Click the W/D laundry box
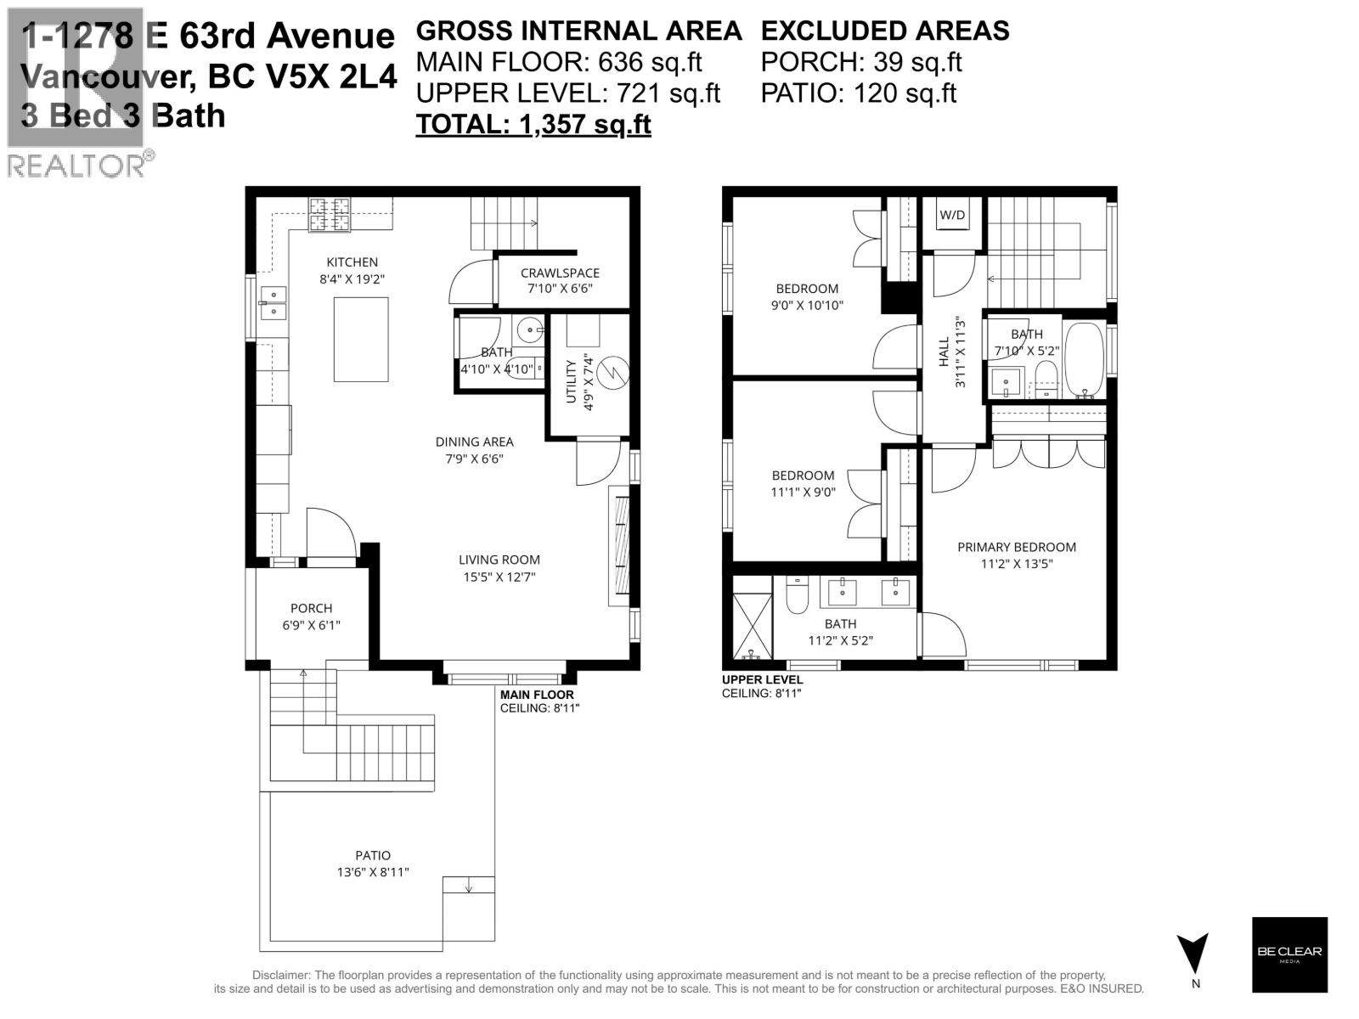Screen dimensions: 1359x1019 point(951,215)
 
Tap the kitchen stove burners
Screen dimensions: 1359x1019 point(330,214)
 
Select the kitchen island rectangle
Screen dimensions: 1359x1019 point(361,339)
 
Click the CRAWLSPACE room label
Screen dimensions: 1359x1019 point(560,273)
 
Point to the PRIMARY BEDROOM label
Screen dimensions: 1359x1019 point(1017,547)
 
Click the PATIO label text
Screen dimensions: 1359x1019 point(373,855)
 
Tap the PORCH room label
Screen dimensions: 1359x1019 point(312,608)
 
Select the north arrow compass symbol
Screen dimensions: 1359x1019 point(1193,954)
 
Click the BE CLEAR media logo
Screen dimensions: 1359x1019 point(1289,954)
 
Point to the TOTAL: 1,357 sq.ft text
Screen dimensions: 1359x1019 point(533,124)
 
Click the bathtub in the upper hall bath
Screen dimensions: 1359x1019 point(1084,359)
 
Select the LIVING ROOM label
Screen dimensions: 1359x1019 point(499,560)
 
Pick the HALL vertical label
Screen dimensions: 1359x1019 point(943,352)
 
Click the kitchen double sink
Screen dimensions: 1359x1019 point(273,302)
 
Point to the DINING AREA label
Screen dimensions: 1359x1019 point(474,442)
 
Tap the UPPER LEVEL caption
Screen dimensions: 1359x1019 point(762,679)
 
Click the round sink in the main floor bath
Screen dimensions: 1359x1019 point(529,329)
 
